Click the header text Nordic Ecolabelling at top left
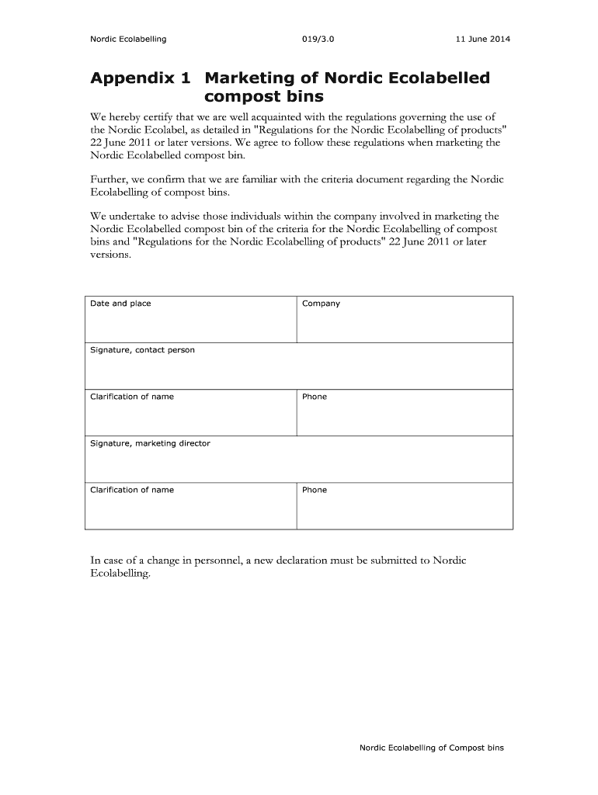(128, 39)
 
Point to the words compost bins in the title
(263, 98)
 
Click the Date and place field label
(120, 304)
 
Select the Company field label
(321, 304)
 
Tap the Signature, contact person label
(142, 350)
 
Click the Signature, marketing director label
(150, 443)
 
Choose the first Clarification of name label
(132, 397)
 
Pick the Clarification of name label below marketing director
(132, 490)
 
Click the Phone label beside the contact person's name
(315, 397)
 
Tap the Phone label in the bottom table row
(315, 490)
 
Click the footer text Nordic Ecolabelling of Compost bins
(431, 748)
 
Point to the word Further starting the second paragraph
(110, 179)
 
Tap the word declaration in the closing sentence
(320, 561)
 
